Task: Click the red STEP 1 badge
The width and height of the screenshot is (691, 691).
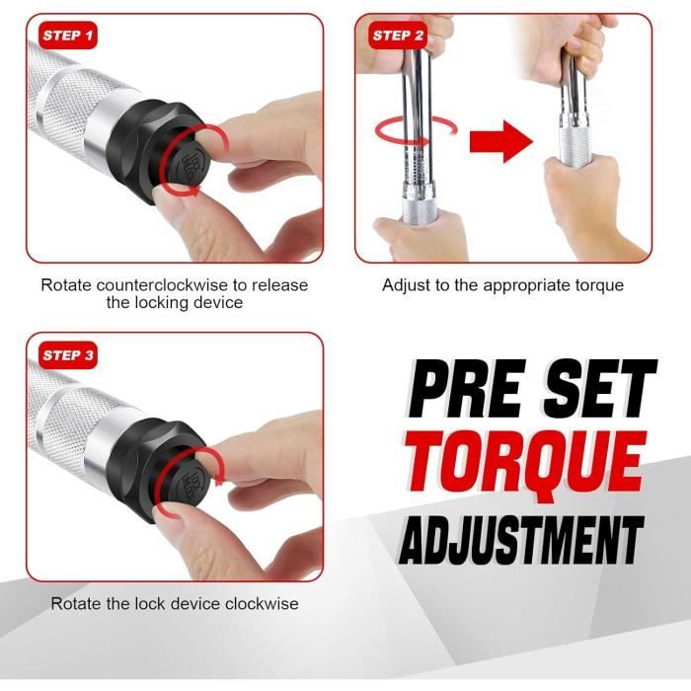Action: (68, 36)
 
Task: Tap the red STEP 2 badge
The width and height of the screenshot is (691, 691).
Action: (398, 36)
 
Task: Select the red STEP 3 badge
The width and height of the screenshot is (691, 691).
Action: (68, 355)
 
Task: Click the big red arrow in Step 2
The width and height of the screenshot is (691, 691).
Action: (501, 141)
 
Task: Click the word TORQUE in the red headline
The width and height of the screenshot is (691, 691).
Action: (525, 467)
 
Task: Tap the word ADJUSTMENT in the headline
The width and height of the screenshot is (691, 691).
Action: (521, 540)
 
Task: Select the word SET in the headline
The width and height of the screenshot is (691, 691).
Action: (600, 388)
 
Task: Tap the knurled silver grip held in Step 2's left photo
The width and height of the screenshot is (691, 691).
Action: (421, 210)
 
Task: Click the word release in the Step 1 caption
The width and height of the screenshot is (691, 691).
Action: (279, 285)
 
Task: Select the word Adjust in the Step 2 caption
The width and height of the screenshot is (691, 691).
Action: (407, 286)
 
